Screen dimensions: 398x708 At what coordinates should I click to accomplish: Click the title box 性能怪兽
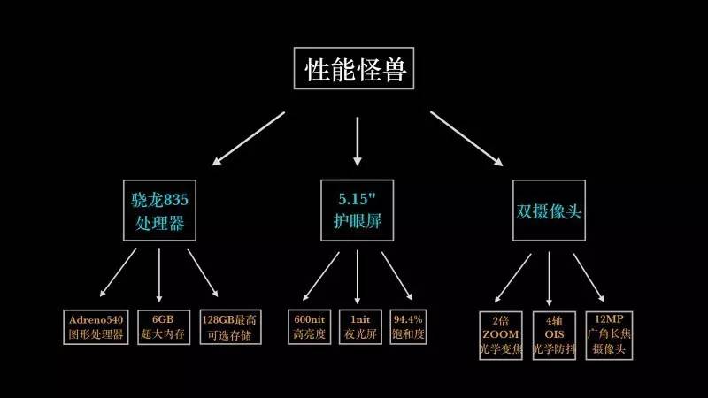tap(354, 69)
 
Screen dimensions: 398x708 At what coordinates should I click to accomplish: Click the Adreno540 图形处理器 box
tap(96, 326)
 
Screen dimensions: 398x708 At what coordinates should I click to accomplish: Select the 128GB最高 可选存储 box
tap(228, 326)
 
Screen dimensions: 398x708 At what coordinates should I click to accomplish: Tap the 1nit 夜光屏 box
tap(358, 326)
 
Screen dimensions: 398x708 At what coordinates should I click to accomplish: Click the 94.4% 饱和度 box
tap(408, 326)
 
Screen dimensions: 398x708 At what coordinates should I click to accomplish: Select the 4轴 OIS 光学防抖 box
tap(553, 333)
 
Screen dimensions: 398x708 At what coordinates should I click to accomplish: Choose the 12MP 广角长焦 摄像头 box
tap(608, 333)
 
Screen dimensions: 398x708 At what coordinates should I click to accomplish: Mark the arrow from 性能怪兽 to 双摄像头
tap(466, 137)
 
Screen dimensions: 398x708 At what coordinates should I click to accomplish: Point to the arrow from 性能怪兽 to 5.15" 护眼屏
tap(358, 142)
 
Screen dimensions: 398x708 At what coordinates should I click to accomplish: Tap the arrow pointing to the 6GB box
tap(160, 276)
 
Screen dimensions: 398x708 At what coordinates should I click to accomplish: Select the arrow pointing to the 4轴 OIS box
tap(550, 276)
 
